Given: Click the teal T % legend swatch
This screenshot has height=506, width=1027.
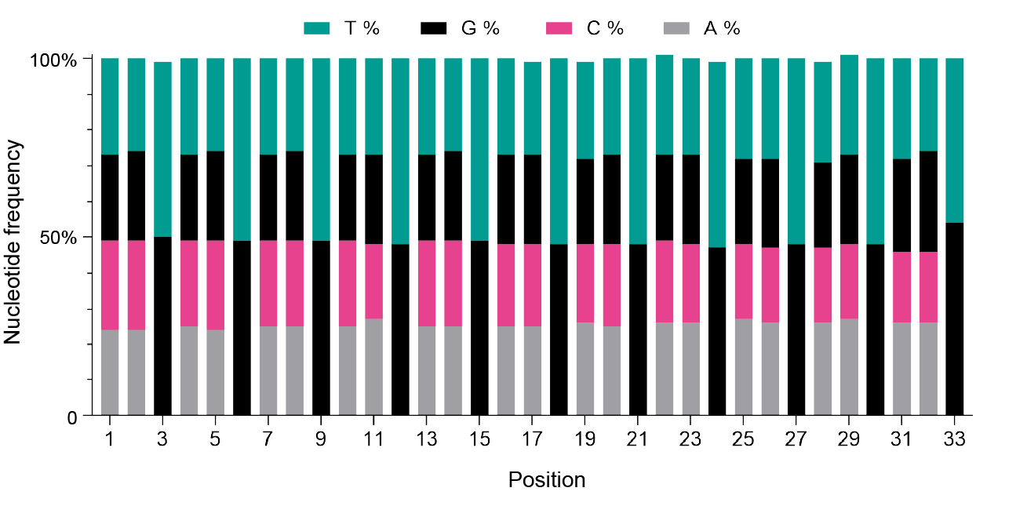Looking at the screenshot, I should [x=317, y=29].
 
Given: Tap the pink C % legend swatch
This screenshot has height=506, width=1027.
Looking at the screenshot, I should [x=559, y=29].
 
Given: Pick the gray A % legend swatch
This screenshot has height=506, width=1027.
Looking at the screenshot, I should [x=676, y=29].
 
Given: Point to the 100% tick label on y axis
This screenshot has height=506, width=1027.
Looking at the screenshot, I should [x=53, y=60].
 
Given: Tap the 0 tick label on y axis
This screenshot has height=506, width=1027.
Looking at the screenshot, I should [x=72, y=417].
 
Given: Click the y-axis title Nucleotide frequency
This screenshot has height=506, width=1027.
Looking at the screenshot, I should [x=13, y=242].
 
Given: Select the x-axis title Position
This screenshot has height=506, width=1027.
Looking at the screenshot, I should [x=547, y=479].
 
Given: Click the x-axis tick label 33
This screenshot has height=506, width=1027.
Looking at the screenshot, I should [x=955, y=439].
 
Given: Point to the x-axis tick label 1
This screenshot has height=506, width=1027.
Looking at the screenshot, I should [x=110, y=439].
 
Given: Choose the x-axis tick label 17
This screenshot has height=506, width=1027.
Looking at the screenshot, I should [x=533, y=439].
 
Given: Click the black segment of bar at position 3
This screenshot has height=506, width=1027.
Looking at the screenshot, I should [x=162, y=326].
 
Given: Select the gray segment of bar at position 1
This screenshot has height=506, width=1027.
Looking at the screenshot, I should [x=110, y=373].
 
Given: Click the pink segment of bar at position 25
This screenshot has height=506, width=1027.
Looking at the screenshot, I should [x=744, y=282].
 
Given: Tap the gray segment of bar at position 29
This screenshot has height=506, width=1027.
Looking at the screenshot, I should [x=849, y=367].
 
